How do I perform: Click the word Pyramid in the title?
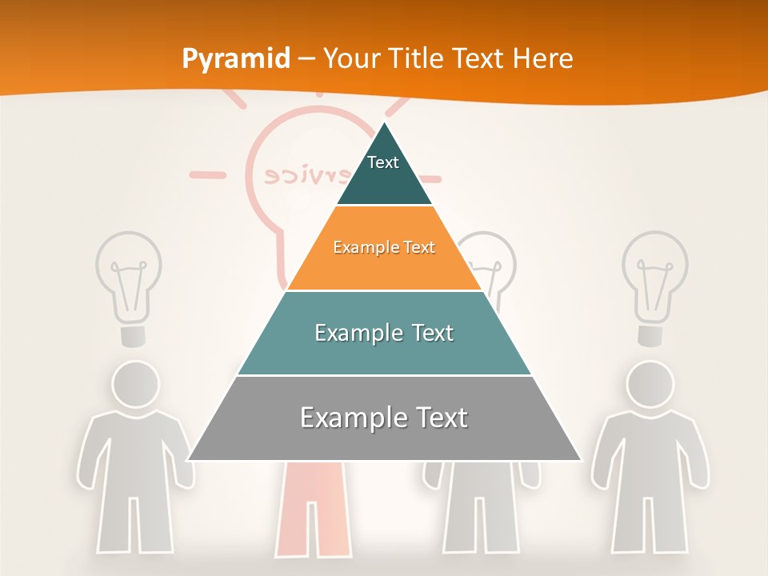[236, 59]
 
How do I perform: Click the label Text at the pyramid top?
[383, 162]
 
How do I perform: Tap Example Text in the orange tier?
[384, 247]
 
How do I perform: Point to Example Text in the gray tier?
[384, 418]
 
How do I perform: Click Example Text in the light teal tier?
[384, 333]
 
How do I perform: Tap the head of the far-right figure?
[650, 384]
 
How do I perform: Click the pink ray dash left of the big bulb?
[207, 174]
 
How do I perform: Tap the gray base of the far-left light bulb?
[133, 335]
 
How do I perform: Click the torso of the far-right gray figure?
[650, 452]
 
